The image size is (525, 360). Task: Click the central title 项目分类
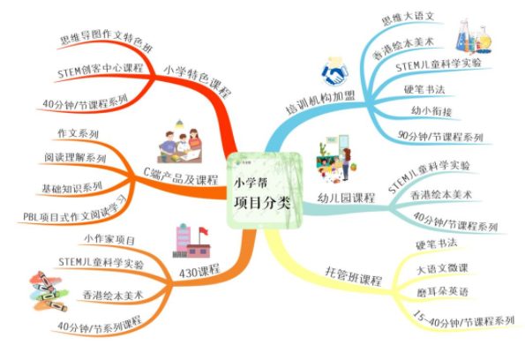point(262,203)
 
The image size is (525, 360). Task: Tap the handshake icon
point(334,72)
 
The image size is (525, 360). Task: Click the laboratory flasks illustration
point(473,37)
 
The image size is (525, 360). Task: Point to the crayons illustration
point(49,291)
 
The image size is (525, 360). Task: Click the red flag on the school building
point(203,231)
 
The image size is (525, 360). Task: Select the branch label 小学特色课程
point(198,81)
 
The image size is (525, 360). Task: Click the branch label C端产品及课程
point(181,176)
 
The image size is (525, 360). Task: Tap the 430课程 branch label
point(199,271)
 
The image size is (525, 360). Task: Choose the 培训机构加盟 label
point(320,102)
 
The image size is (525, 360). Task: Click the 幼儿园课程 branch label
point(346,198)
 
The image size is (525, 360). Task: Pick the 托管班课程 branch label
point(354,276)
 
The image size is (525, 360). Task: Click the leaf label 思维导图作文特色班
point(107,41)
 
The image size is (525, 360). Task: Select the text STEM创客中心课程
point(100,71)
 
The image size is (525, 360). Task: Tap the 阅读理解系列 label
point(75,157)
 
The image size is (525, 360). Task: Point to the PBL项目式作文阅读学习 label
point(75,210)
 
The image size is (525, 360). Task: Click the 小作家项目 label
point(109,239)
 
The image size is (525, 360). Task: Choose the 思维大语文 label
point(408,18)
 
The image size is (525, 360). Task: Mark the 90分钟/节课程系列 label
point(440,136)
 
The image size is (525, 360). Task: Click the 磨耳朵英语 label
point(442,292)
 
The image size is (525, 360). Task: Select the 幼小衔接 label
point(431,110)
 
